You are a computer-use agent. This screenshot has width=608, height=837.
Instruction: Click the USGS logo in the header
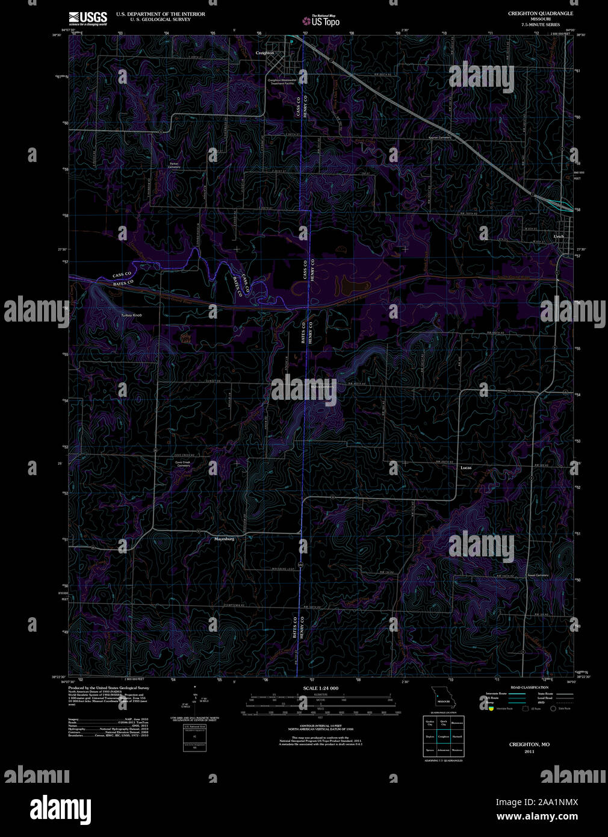[88, 17]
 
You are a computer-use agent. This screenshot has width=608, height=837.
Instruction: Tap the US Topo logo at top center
[321, 21]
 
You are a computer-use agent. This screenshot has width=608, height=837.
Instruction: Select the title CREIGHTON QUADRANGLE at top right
[540, 13]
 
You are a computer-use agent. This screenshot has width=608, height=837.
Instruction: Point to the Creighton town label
[265, 53]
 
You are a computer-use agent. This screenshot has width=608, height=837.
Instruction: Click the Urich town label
[559, 237]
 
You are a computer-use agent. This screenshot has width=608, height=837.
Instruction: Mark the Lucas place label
[466, 467]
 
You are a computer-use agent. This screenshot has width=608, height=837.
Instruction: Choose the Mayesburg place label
[224, 539]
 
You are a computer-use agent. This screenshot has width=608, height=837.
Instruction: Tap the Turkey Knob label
[131, 315]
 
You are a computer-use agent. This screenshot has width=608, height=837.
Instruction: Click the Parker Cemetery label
[175, 165]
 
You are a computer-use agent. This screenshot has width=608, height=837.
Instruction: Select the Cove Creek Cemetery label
[182, 464]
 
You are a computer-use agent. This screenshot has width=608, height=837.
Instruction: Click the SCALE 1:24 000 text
[321, 688]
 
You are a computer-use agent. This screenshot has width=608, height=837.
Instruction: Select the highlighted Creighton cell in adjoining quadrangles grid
[444, 736]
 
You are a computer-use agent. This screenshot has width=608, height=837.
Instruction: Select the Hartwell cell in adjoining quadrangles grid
[458, 736]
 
